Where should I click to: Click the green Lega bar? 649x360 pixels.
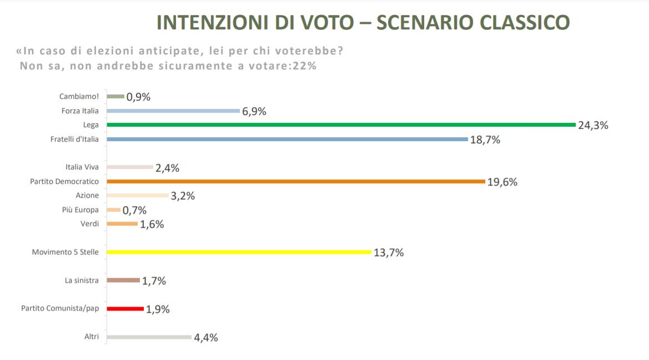point(341,125)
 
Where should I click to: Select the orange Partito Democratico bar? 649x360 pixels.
point(295,182)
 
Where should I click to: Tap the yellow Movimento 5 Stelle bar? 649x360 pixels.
point(239,252)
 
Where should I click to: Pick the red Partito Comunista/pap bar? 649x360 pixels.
point(125,309)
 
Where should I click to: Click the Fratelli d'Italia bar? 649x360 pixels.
point(287,139)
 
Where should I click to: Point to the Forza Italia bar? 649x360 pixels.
point(173,111)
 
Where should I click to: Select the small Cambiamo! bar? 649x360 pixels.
point(115,97)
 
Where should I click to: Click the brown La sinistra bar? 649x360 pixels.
point(123,281)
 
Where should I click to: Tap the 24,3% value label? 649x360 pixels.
point(593,126)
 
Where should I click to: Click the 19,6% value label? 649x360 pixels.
point(502,182)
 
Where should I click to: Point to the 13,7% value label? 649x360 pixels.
point(389,253)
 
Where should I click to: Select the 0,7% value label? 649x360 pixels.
point(134,211)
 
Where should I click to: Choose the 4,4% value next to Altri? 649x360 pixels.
point(206,338)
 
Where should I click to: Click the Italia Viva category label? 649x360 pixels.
point(82,167)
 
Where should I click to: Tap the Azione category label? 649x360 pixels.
point(87,196)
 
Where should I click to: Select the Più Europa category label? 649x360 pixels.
point(81,210)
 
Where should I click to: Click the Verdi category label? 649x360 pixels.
point(89,224)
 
